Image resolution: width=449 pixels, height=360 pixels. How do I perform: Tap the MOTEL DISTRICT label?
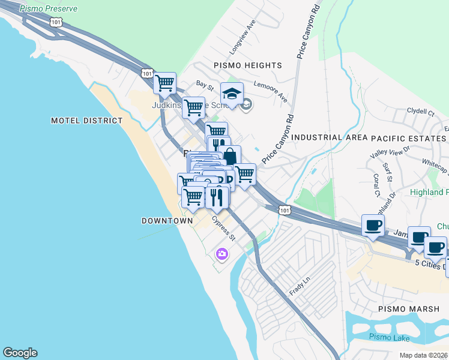click(x=86, y=121)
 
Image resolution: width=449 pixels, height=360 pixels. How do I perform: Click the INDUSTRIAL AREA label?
click(x=329, y=137)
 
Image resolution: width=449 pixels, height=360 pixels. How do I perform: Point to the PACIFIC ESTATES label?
click(x=409, y=137)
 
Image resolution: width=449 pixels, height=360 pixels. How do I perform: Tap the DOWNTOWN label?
click(x=167, y=221)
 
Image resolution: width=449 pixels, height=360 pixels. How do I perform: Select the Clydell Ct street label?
click(x=420, y=112)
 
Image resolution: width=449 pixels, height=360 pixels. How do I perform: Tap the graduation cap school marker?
click(x=232, y=94)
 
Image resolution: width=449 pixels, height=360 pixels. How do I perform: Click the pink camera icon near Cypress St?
click(x=221, y=254)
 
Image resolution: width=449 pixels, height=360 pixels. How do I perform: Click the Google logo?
click(x=20, y=353)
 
